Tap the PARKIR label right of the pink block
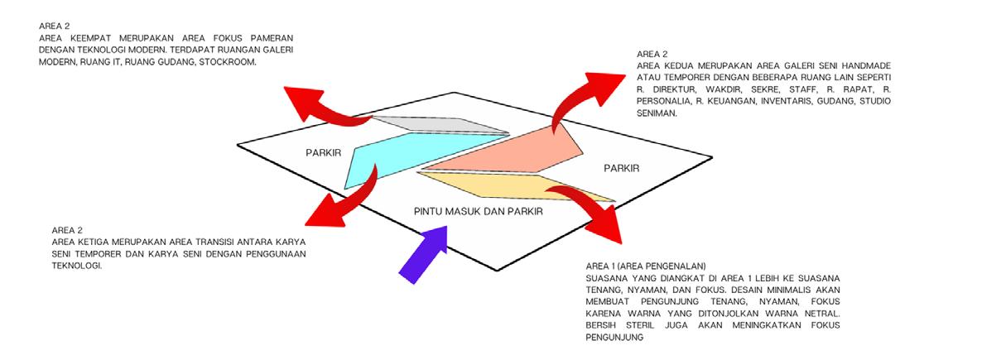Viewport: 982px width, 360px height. (621, 169)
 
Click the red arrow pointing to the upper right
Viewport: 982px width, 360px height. (580, 87)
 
